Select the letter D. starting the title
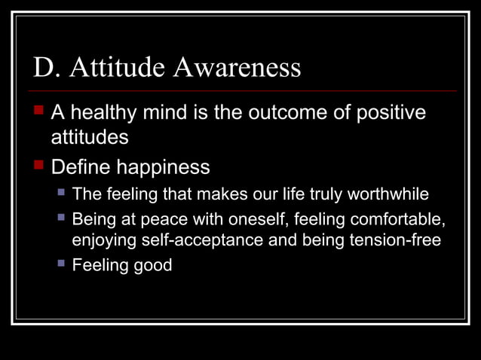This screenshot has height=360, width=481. (45, 68)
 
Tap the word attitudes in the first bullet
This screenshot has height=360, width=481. (89, 139)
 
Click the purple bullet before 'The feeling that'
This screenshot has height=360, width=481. (63, 194)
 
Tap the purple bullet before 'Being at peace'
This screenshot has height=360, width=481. (63, 218)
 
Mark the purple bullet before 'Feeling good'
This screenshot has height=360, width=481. (63, 264)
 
